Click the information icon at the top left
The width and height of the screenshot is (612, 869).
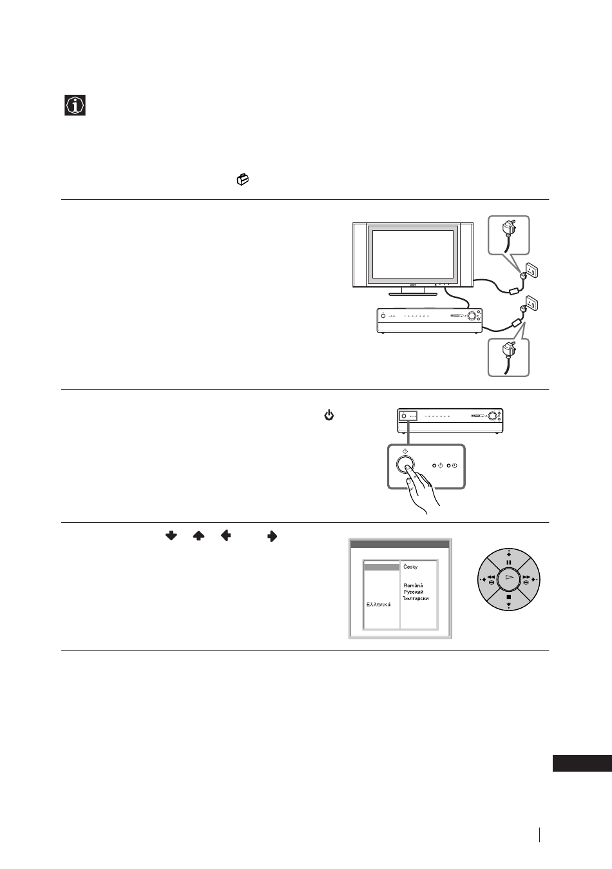click(x=75, y=105)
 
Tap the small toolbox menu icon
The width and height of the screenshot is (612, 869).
click(x=243, y=179)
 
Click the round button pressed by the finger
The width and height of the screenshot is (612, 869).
click(x=405, y=464)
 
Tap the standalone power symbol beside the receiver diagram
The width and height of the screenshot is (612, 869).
click(x=329, y=416)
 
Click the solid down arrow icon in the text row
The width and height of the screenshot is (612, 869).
click(x=171, y=536)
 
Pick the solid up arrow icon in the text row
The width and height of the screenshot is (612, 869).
click(x=198, y=536)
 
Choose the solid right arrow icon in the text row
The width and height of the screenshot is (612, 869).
click(x=272, y=536)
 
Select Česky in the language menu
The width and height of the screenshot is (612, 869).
click(x=410, y=567)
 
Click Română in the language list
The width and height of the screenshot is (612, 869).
click(x=413, y=585)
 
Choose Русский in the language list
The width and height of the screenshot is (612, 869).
click(x=414, y=592)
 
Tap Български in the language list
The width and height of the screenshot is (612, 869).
click(x=416, y=598)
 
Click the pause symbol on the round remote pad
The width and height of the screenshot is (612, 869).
click(x=508, y=562)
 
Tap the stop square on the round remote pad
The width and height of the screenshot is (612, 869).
click(x=508, y=597)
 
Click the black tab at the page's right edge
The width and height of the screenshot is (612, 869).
click(x=582, y=763)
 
